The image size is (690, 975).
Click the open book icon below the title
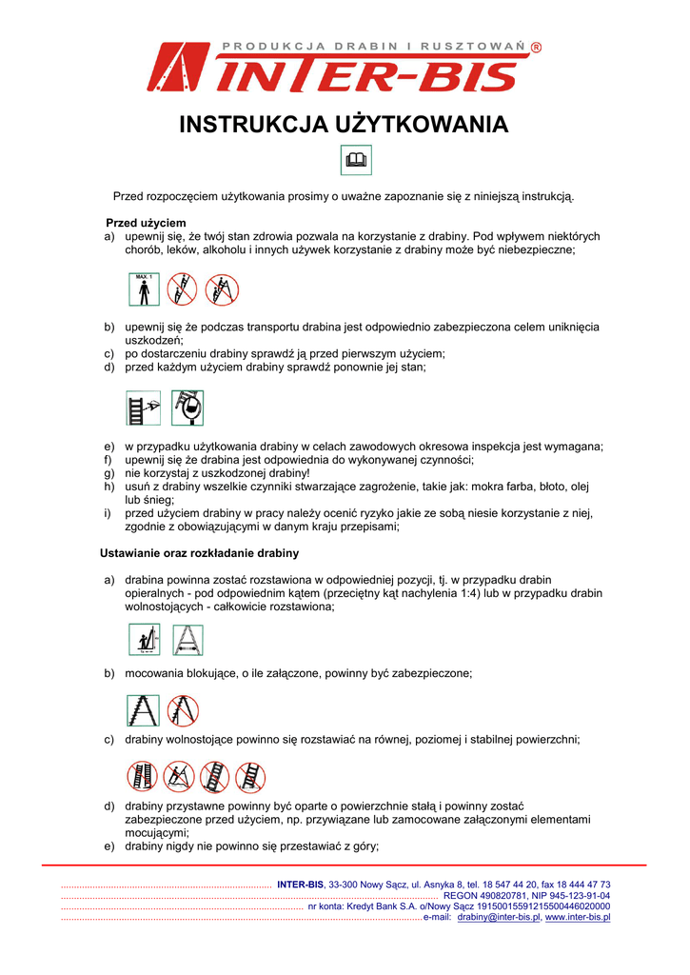(x=356, y=161)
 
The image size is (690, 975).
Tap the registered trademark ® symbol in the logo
(x=536, y=47)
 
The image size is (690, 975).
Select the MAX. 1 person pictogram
(x=144, y=289)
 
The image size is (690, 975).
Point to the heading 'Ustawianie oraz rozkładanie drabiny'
(x=200, y=553)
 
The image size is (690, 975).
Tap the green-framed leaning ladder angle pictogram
(x=145, y=640)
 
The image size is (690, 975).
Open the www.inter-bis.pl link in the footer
(x=578, y=918)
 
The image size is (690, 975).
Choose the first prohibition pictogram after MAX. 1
(x=182, y=289)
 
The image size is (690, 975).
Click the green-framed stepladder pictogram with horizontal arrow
(x=187, y=640)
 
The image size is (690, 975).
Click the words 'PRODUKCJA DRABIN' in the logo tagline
(x=306, y=47)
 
